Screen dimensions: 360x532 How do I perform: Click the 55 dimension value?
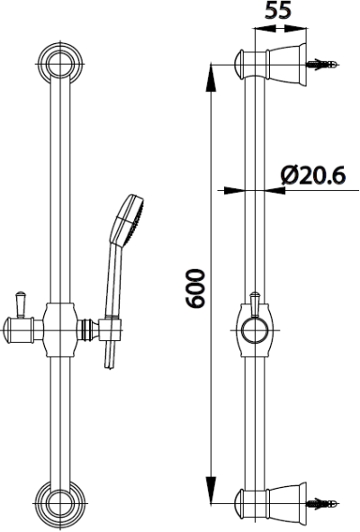click(278, 10)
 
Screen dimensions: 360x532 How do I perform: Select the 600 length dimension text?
click(196, 288)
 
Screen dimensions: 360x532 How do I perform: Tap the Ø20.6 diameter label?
click(313, 176)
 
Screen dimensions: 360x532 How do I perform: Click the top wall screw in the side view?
click(322, 64)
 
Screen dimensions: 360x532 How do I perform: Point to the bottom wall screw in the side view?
click(322, 503)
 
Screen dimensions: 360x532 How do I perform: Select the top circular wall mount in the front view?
click(60, 64)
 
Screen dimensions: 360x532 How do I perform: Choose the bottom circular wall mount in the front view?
click(60, 503)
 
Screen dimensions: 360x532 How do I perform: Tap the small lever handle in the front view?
click(21, 304)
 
